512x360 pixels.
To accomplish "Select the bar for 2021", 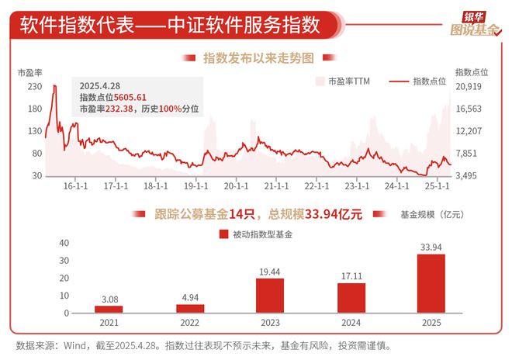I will click(x=109, y=309).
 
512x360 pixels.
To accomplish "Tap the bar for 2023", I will click(x=270, y=296).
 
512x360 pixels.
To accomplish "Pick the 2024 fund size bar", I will click(x=351, y=298).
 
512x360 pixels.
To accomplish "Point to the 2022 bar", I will click(x=189, y=308).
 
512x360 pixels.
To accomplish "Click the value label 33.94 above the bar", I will click(x=431, y=247).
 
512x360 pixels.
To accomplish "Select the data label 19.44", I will click(x=270, y=272).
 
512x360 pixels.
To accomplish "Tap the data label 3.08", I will click(x=109, y=299).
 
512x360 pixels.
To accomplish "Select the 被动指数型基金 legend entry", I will click(x=256, y=234).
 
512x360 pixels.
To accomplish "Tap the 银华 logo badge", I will click(x=473, y=15).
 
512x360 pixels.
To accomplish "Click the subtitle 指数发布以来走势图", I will click(x=258, y=58).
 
